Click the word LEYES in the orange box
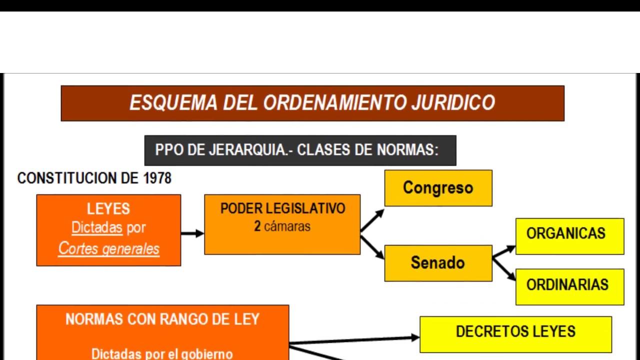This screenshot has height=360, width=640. point(108,209)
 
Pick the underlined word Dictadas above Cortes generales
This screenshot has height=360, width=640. point(97,228)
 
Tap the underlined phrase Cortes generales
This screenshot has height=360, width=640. point(108,248)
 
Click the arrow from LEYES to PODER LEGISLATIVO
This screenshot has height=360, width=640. point(192,233)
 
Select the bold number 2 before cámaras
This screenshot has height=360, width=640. point(257,226)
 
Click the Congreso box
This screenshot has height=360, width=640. point(438,188)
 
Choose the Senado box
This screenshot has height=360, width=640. point(438,263)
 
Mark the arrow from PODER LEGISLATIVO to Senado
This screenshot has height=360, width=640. point(372,247)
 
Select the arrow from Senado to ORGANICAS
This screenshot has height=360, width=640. point(503,251)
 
